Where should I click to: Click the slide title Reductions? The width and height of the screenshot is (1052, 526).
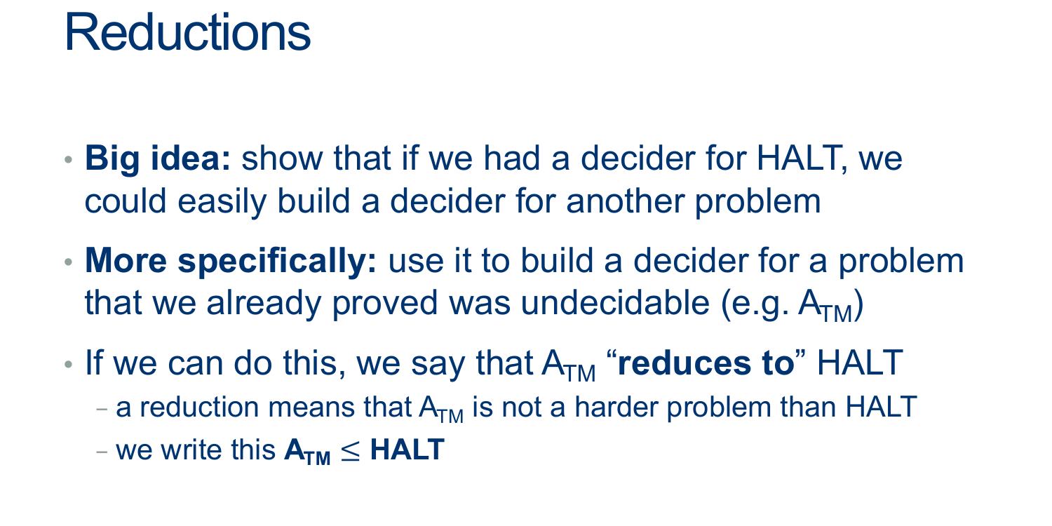tap(187, 32)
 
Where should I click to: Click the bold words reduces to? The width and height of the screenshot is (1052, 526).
tap(706, 363)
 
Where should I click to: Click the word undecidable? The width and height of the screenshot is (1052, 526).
tap(615, 302)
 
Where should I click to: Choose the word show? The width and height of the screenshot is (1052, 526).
tap(282, 159)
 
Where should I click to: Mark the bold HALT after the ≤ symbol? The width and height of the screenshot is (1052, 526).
tap(407, 450)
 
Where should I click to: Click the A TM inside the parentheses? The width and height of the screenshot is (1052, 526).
tap(825, 306)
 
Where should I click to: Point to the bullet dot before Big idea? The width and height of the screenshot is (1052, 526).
tap(69, 160)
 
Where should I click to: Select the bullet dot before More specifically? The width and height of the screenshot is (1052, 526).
tap(69, 262)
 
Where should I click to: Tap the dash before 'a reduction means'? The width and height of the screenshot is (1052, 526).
tap(102, 409)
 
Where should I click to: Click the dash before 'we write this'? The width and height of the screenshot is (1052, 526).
tap(102, 452)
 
